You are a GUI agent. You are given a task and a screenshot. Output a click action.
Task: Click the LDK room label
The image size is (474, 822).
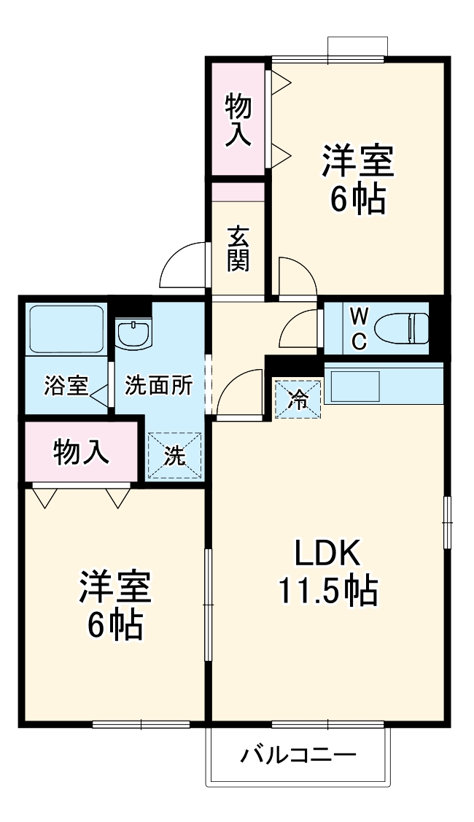coord(327,555)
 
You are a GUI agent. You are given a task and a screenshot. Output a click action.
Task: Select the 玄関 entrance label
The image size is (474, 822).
coord(238,249)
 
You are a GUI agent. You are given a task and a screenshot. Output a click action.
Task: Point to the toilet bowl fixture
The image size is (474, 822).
coord(408,327)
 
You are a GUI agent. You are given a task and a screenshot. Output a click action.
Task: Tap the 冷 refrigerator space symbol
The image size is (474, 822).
coord(298,398)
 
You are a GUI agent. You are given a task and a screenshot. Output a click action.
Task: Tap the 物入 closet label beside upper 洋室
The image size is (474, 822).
coord(238,119)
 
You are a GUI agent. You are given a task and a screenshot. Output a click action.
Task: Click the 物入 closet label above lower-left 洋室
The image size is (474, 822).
coord(82,452)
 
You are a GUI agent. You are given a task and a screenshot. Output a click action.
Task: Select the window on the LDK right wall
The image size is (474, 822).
coord(447,521)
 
